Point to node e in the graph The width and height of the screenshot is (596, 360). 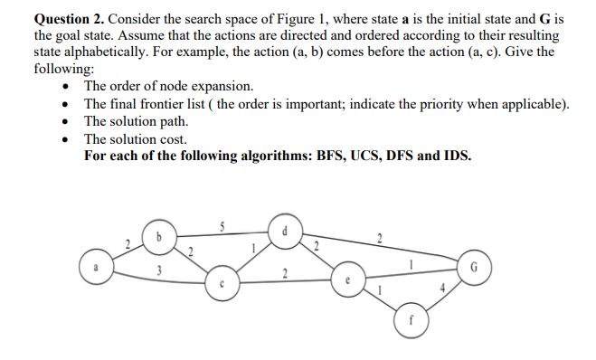pyautogui.click(x=347, y=279)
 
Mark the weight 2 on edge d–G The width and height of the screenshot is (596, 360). pyautogui.click(x=380, y=240)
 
